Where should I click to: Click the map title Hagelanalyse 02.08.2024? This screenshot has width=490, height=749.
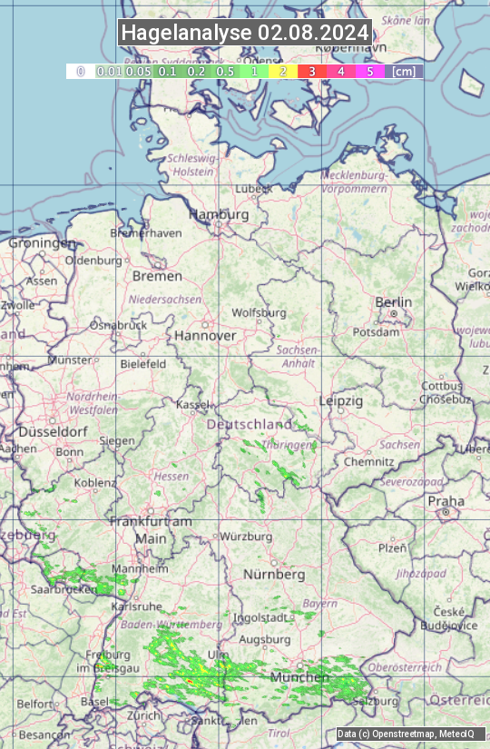tap(245, 34)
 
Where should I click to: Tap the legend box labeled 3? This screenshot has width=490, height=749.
tap(311, 71)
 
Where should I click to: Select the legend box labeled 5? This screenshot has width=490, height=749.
tap(369, 71)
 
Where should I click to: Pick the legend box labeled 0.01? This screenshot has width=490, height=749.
tap(109, 71)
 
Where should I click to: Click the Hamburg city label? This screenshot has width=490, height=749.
tap(218, 215)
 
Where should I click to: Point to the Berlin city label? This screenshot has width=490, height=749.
tap(393, 302)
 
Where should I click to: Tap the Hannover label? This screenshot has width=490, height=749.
tap(205, 335)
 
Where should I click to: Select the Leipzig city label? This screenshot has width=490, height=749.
tap(341, 400)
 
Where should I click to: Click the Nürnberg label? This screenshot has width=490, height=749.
tap(274, 575)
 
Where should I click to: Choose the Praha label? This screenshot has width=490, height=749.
tap(446, 501)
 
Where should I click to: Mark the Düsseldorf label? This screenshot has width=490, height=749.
tap(45, 432)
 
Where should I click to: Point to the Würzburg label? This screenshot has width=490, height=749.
tap(246, 537)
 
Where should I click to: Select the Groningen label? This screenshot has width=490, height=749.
tap(42, 243)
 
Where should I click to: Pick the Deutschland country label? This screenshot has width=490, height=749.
tap(250, 425)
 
